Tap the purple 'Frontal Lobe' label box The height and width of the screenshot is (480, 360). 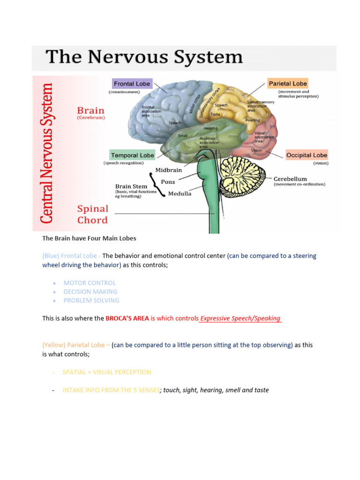pos(132,84)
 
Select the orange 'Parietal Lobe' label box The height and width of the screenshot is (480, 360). pos(288,83)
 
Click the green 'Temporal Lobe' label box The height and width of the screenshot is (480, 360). pos(132,155)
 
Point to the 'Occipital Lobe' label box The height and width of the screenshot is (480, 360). pos(307,155)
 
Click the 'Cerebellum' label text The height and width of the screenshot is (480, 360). pos(290,179)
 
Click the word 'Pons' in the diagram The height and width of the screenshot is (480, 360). pos(168,181)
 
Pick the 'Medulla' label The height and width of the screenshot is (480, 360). pos(180,194)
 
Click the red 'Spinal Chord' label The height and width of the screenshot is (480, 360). pos(92,214)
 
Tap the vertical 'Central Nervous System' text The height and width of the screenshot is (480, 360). pos(46,153)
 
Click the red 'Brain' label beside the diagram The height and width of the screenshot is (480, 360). pos(91,111)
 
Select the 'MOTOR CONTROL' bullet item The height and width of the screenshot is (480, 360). pos(90,283)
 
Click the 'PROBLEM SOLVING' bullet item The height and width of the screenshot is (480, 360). pos(91,300)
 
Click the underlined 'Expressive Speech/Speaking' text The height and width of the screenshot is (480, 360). pos(240,318)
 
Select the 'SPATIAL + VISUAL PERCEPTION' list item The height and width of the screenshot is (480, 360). pos(107,372)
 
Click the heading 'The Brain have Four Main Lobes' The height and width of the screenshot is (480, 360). pos(89,238)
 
